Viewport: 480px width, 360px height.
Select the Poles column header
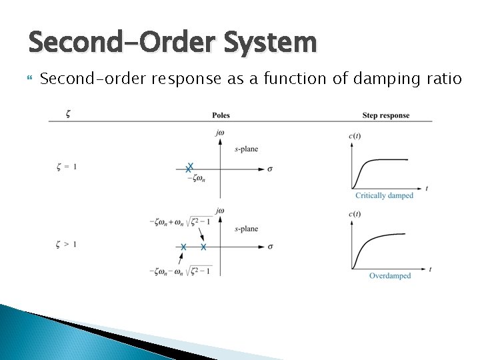click(x=221, y=115)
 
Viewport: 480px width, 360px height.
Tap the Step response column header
click(x=385, y=115)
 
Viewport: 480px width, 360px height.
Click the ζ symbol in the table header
click(x=69, y=114)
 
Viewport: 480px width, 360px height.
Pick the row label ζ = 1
click(x=66, y=167)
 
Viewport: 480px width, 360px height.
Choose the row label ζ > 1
click(x=66, y=244)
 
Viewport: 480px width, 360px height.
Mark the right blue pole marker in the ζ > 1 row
click(x=203, y=247)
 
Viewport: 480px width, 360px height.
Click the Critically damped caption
click(x=384, y=196)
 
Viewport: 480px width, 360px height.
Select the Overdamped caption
click(x=390, y=276)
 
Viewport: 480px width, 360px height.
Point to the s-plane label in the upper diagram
click(x=246, y=149)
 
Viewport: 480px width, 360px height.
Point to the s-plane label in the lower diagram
click(x=246, y=229)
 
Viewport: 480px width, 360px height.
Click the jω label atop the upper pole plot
click(x=220, y=133)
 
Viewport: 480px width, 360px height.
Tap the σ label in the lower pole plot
click(x=269, y=247)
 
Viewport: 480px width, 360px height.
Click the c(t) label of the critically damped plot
click(x=355, y=137)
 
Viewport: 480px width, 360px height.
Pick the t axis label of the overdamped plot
click(x=430, y=269)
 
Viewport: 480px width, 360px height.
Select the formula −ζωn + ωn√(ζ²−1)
click(x=181, y=222)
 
